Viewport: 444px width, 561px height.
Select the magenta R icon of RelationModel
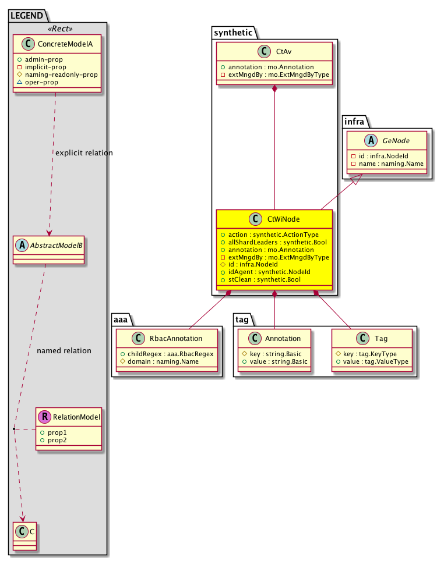point(44,417)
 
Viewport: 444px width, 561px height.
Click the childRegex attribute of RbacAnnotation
point(167,354)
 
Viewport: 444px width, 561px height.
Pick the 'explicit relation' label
point(83,153)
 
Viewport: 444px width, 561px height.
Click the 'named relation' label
point(64,351)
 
